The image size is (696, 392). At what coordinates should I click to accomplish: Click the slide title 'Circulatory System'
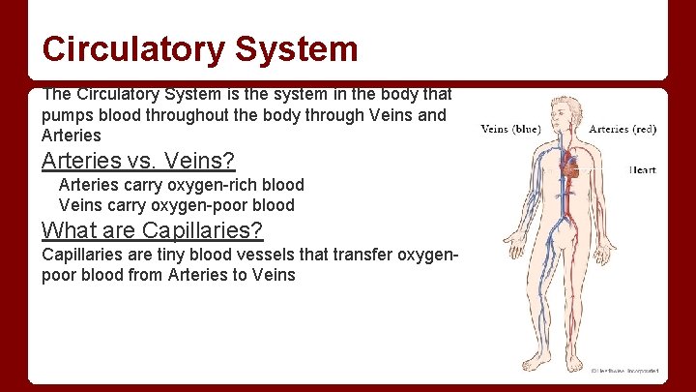coord(200,48)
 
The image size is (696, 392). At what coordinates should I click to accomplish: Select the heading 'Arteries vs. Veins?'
coord(138,161)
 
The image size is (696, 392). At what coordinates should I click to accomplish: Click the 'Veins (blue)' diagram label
coord(510,129)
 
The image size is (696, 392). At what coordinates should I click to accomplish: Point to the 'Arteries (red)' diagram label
coord(623,129)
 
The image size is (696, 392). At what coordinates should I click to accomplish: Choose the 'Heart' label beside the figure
coord(643,169)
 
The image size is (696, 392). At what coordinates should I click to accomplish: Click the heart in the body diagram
coord(571,168)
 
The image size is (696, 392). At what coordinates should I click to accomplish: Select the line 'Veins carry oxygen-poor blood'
coord(176,204)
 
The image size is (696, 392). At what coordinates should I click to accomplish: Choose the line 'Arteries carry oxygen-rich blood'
coord(181,184)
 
